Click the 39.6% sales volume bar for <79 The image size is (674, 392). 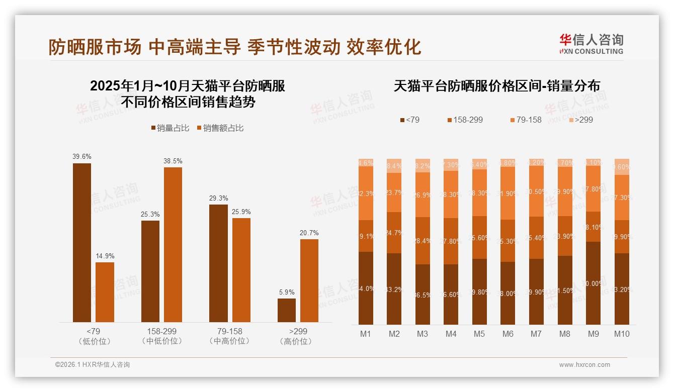[x=82, y=242]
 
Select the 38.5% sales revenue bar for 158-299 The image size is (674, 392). [x=173, y=244]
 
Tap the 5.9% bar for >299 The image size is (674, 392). [x=287, y=310]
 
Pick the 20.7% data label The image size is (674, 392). [x=309, y=233]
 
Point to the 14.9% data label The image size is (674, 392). [x=105, y=256]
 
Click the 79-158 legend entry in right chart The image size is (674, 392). [x=526, y=120]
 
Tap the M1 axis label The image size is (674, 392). [x=366, y=334]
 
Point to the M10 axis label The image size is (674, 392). [x=622, y=334]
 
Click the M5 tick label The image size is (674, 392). [x=479, y=334]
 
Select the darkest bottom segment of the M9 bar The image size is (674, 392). [x=594, y=283]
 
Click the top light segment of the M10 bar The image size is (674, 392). [x=622, y=167]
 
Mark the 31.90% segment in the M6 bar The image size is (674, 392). [x=508, y=193]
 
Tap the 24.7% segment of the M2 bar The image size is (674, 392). [x=394, y=233]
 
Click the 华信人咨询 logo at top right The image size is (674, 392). [x=592, y=44]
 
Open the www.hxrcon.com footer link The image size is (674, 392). [x=584, y=365]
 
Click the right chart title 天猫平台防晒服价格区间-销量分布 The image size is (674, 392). [x=496, y=86]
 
